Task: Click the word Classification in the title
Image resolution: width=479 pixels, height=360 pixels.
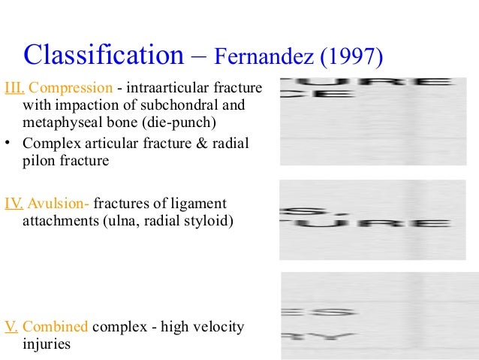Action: coord(104,53)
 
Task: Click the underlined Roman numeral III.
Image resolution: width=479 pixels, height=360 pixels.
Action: coord(14,89)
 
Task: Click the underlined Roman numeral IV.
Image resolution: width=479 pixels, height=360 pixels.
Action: coord(14,204)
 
